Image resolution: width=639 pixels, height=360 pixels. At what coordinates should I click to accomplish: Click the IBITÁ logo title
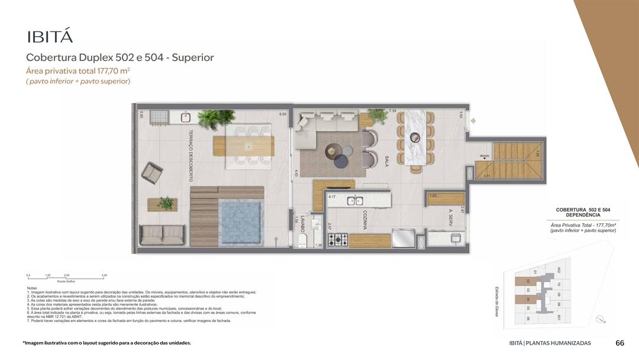(x=50, y=37)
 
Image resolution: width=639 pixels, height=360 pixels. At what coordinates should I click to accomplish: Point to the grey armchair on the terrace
(x=152, y=173)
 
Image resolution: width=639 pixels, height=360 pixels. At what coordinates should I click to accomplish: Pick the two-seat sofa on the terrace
(x=160, y=235)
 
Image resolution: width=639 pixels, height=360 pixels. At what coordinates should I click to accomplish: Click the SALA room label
(x=386, y=161)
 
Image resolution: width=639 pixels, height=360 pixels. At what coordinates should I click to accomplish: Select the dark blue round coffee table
(x=341, y=160)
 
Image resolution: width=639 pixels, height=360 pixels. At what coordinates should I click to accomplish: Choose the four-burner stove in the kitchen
(x=338, y=240)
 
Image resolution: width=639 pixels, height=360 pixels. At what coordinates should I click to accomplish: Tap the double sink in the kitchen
(x=355, y=201)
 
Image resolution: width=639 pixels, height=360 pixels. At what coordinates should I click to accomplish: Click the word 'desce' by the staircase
(x=484, y=156)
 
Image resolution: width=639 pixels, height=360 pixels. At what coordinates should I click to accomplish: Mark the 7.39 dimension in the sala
(x=392, y=111)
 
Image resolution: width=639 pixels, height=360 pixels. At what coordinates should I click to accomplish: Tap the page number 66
(x=620, y=343)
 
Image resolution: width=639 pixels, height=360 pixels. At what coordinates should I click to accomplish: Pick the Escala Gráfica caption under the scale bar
(x=66, y=281)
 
